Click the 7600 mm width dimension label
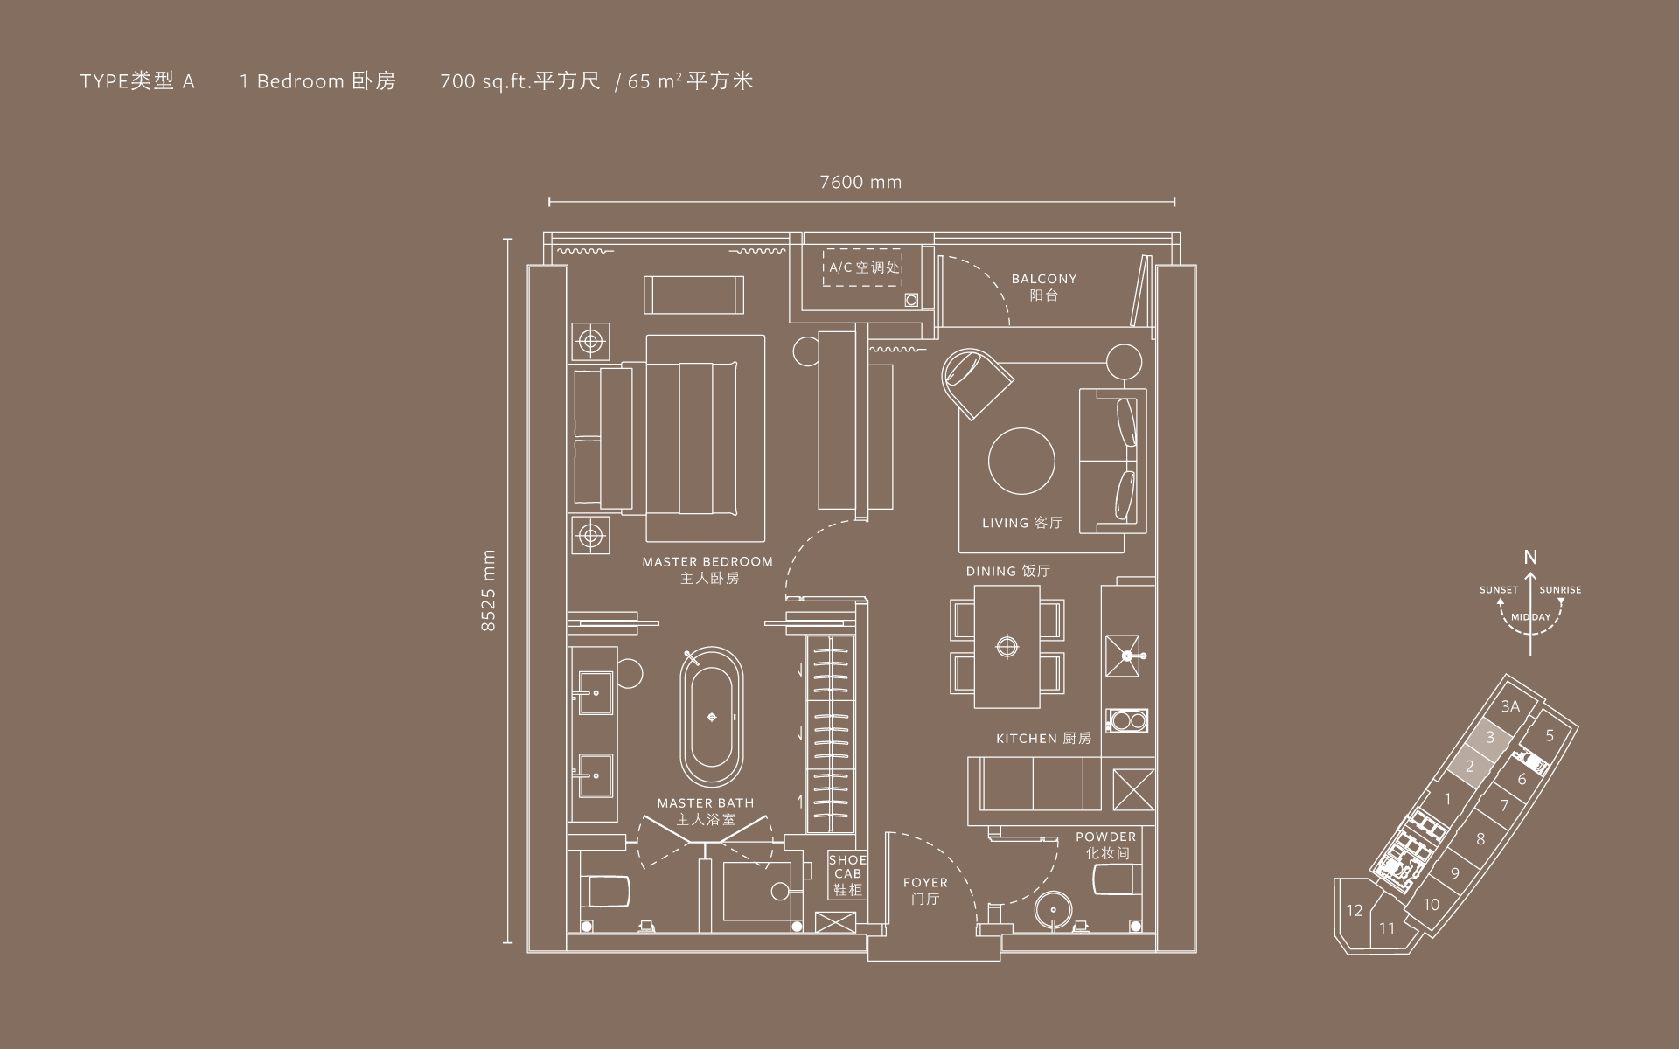(x=860, y=183)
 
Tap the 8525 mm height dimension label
(x=489, y=590)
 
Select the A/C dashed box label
(x=864, y=267)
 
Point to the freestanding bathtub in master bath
(x=712, y=717)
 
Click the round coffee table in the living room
(x=1021, y=461)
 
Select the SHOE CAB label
(x=847, y=874)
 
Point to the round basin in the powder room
(x=1050, y=910)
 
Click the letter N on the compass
(x=1530, y=558)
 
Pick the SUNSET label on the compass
(x=1498, y=590)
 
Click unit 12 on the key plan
(x=1355, y=911)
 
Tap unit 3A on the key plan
(x=1510, y=706)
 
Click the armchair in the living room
(x=976, y=381)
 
